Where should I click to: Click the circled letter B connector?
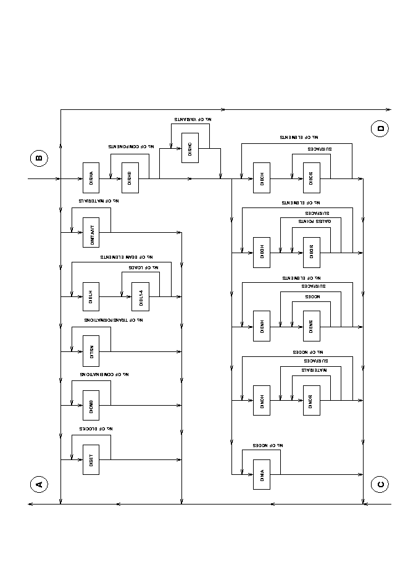click(x=39, y=158)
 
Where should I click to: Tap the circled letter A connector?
click(x=39, y=484)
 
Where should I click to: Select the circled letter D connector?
click(x=380, y=129)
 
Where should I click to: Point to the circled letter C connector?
click(x=380, y=484)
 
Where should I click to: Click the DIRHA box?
click(x=91, y=178)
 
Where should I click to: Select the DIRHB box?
click(x=130, y=178)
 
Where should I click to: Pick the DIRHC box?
click(x=190, y=148)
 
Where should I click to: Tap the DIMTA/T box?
click(x=91, y=233)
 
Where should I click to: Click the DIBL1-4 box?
click(x=140, y=298)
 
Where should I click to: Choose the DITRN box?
click(x=91, y=352)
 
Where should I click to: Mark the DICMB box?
click(x=91, y=406)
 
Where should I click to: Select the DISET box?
click(x=91, y=459)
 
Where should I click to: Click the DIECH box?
click(x=261, y=178)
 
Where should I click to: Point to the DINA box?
click(x=261, y=475)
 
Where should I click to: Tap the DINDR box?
click(x=311, y=400)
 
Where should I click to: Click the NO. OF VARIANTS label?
click(x=191, y=118)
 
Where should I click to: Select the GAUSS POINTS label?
click(x=315, y=220)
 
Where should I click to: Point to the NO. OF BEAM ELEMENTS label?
click(x=127, y=256)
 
